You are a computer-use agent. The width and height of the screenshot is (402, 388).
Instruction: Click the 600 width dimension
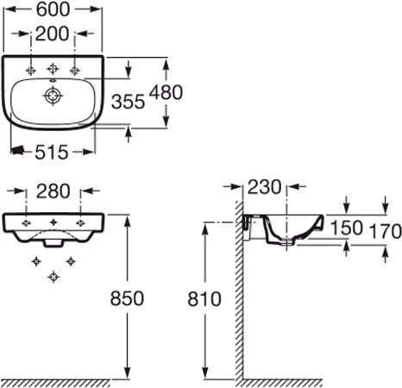[53, 9]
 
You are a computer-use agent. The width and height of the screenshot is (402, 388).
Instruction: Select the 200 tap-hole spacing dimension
[52, 34]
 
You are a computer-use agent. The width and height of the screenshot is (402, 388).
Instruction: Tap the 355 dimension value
[128, 102]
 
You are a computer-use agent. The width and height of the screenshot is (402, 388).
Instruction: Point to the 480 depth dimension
[166, 92]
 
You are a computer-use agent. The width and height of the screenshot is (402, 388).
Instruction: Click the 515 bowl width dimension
[52, 152]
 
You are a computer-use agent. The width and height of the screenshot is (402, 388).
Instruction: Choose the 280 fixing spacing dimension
[53, 191]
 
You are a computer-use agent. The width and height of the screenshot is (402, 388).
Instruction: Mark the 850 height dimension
[127, 298]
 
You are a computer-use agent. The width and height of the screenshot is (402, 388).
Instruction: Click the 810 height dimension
[204, 298]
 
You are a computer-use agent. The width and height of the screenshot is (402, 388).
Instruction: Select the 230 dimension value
[264, 187]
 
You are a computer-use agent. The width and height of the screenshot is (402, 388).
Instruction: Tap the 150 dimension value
[347, 228]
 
